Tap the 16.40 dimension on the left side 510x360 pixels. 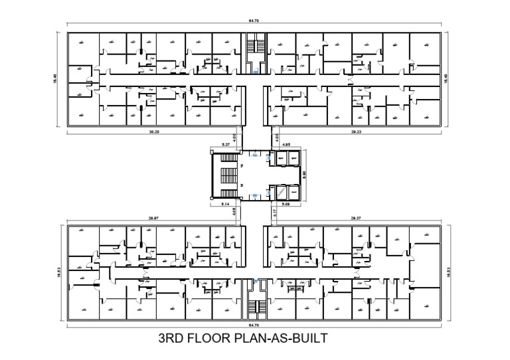click(55, 78)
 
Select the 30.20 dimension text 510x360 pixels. click(153, 132)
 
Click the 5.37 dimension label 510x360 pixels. click(224, 144)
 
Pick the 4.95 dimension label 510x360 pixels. click(287, 144)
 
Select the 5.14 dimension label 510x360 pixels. click(224, 204)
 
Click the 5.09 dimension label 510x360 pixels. click(287, 204)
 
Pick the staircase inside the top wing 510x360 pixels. click(254, 48)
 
